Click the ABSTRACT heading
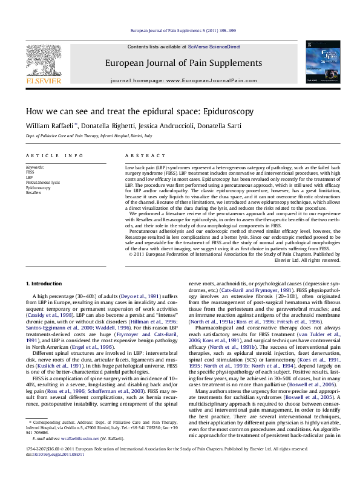click(138, 155)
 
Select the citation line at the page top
click(180, 31)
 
